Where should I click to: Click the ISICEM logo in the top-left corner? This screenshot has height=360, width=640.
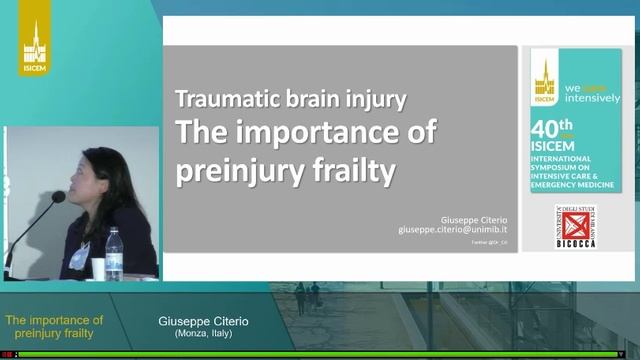[x=35, y=48]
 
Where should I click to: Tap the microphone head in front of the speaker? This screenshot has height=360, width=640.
[x=58, y=198]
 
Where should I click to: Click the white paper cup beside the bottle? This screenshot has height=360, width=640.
[x=98, y=268]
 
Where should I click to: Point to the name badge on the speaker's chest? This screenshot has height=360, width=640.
[x=80, y=255]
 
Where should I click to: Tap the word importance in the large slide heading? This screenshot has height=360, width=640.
[x=331, y=133]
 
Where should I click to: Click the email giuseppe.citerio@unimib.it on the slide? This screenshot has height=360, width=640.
[x=455, y=229]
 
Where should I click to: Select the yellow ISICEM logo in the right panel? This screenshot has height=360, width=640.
[x=545, y=79]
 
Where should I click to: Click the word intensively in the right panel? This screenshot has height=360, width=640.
[x=593, y=98]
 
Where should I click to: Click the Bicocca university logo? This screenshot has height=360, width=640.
[x=575, y=229]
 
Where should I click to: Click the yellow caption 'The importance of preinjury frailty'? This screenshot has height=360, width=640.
[x=55, y=327]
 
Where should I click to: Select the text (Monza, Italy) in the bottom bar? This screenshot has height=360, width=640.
[x=204, y=333]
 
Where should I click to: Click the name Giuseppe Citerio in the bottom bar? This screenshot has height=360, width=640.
[x=204, y=321]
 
